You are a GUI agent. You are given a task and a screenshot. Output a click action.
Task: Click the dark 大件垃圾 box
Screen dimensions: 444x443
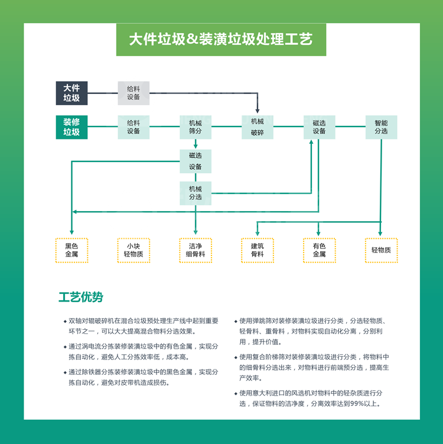pos(72,93)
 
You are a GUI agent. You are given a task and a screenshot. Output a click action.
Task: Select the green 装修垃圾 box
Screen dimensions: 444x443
pos(72,127)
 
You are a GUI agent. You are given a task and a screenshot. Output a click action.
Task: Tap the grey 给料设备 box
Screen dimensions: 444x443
pos(133,93)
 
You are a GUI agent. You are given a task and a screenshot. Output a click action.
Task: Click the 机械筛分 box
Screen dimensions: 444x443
pos(196,127)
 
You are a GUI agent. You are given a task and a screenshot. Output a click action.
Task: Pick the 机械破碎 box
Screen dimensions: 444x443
pos(258,127)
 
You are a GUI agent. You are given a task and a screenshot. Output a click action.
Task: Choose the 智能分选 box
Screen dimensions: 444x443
pos(381,127)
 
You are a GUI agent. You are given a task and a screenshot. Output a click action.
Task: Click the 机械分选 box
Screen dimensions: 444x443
pos(196,193)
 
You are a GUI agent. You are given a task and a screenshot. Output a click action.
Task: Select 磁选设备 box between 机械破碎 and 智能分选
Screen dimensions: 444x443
pos(319,127)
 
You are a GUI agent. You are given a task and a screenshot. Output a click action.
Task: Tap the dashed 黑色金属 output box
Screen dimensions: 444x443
pos(71,250)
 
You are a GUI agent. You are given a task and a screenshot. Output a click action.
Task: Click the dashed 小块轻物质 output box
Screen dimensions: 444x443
pos(133,250)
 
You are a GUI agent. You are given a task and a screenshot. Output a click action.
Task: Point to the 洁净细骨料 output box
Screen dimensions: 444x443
pos(196,250)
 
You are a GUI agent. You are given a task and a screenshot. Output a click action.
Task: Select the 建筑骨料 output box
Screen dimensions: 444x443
pos(258,250)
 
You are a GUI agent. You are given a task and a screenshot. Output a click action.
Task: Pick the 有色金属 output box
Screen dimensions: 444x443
pos(319,250)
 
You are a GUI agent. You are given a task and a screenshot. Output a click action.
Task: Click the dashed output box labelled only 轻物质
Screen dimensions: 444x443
pos(381,250)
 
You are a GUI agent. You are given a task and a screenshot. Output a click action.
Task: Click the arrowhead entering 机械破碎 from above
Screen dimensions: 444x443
pos(258,111)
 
